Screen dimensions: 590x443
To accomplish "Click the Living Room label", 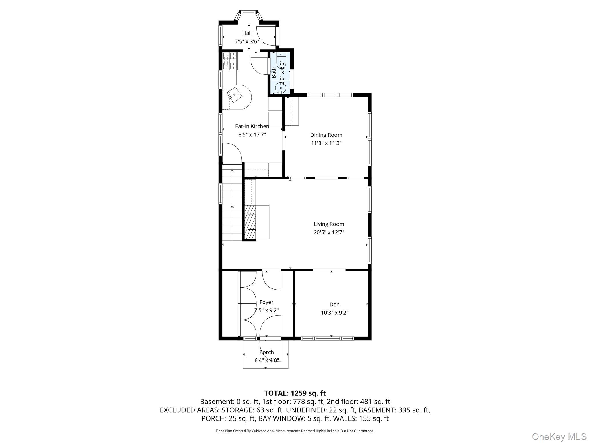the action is coord(329,224).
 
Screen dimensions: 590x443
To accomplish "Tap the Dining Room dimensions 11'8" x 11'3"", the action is coord(326,143).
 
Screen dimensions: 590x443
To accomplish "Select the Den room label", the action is coord(334,305).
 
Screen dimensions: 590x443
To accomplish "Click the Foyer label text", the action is coord(266,302).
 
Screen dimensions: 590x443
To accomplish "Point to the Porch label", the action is coord(266,352).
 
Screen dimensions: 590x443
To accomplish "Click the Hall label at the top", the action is coord(247,33).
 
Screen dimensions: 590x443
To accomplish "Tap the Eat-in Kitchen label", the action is coord(252,126).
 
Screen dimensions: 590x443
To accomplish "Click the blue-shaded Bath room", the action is coord(281,73).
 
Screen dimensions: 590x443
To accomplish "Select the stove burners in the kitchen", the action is coord(230,61).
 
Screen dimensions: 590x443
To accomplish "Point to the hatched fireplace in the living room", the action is coord(250,222).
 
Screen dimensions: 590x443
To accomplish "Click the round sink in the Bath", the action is coord(280,88).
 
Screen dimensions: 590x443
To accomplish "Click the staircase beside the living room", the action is coord(232,202).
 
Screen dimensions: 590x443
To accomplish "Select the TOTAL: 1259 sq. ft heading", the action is coord(295,393).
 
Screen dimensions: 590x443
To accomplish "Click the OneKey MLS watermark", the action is coord(559,436).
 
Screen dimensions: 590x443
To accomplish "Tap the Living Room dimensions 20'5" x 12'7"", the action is coord(329,232).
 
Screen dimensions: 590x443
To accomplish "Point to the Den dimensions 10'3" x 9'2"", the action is coord(334,313).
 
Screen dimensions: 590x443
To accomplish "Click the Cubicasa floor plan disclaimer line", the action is coord(295,431).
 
